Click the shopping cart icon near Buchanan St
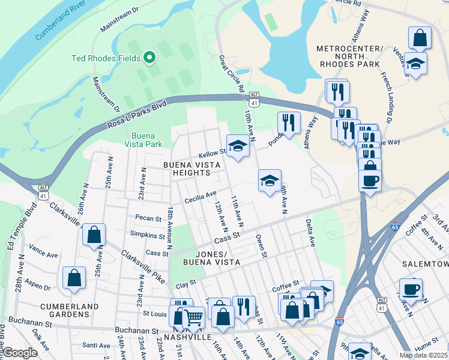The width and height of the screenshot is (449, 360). [x=193, y=317]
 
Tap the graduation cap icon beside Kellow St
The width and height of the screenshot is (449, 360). [x=238, y=146]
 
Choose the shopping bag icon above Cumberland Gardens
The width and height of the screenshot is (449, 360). [x=73, y=278]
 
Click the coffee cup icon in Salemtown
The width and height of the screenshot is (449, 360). [x=411, y=289]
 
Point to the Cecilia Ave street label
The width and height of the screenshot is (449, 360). [x=200, y=196]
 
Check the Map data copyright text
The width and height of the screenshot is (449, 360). [x=423, y=355]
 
